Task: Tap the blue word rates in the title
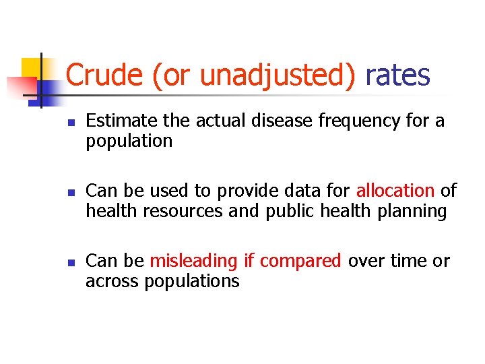[x=397, y=75]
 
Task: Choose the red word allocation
[x=395, y=191]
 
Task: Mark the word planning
[x=412, y=212]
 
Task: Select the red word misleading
[x=193, y=262]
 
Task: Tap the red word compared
[x=300, y=262]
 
